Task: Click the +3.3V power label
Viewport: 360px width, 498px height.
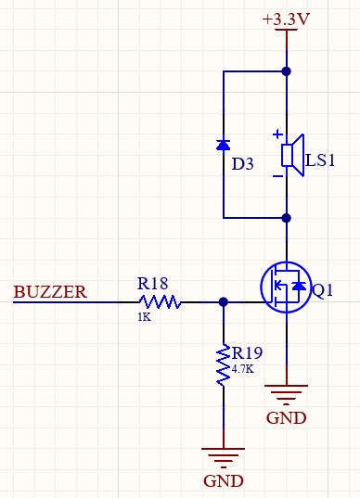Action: click(285, 18)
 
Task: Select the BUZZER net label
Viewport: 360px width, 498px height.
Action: click(50, 292)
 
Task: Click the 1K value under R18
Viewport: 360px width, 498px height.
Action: click(144, 317)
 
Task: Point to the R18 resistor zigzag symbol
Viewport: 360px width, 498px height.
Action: click(160, 301)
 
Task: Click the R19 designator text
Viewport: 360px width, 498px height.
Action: click(249, 353)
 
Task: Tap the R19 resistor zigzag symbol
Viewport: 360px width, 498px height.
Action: click(224, 364)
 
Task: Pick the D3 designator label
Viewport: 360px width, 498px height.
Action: click(242, 164)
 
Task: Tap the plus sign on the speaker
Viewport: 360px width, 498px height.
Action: click(276, 134)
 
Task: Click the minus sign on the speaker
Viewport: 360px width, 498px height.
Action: click(276, 174)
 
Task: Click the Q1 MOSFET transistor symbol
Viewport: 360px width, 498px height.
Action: click(285, 287)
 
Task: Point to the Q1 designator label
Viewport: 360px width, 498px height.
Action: click(322, 291)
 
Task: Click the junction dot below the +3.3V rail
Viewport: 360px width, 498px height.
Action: click(286, 70)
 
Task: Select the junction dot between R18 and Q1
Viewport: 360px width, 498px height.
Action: click(224, 301)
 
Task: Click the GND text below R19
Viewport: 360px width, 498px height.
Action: click(224, 481)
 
